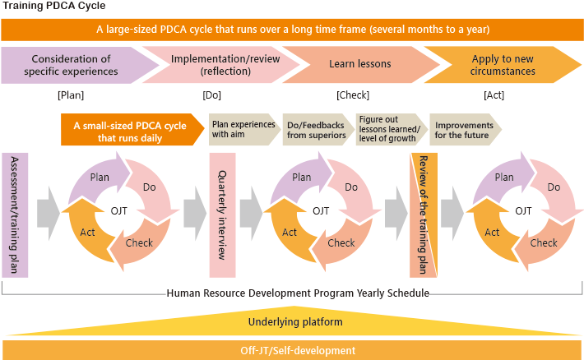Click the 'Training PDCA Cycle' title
(x=54, y=6)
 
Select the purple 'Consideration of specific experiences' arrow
(x=75, y=65)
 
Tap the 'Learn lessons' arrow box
(x=360, y=64)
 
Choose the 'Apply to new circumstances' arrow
(x=503, y=65)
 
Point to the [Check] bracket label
(x=353, y=95)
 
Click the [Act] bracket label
(x=494, y=95)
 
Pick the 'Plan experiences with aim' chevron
(x=244, y=130)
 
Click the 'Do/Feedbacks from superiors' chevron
(x=317, y=130)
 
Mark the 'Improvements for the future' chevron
(x=466, y=130)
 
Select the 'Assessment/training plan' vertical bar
(x=15, y=215)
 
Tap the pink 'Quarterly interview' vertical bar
(x=222, y=215)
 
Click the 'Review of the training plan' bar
(x=424, y=215)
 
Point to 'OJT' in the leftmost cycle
(x=118, y=211)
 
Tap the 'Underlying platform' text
(x=295, y=322)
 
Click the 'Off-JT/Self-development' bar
(x=292, y=350)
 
